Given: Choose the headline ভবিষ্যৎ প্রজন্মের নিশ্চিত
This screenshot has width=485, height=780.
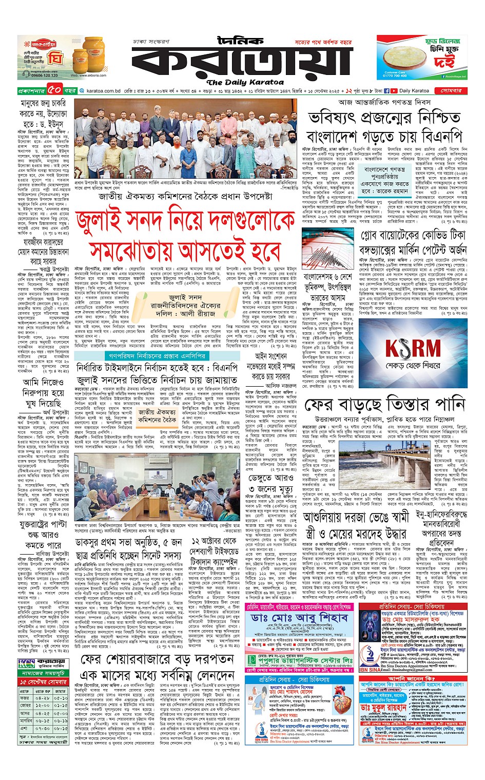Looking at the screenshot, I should click(384, 118).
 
